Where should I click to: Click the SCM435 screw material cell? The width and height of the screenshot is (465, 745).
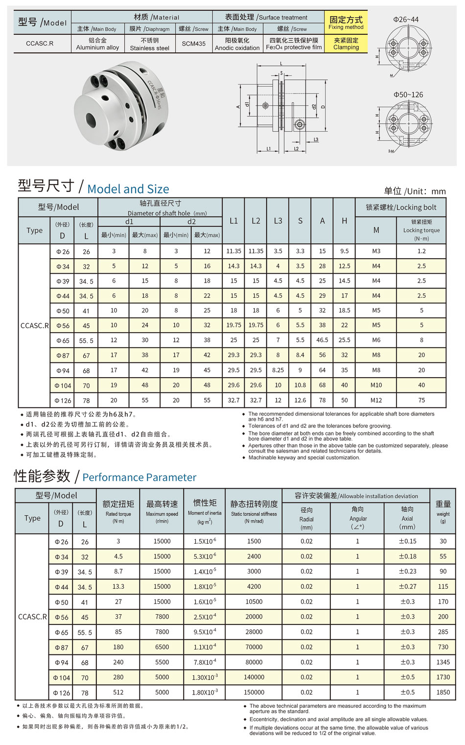click(x=193, y=44)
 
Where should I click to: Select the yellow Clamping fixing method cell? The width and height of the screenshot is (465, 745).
click(x=346, y=44)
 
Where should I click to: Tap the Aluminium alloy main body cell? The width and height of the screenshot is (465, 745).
click(x=97, y=44)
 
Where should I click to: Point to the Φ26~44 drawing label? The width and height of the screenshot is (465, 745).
click(x=406, y=20)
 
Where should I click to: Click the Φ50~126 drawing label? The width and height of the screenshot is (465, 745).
click(x=408, y=95)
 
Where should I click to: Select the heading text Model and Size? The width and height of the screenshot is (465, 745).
click(x=128, y=189)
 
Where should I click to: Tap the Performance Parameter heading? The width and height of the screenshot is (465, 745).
click(x=139, y=477)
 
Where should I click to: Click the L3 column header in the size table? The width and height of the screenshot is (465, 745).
click(x=278, y=221)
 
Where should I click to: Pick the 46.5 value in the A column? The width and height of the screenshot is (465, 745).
click(x=322, y=340)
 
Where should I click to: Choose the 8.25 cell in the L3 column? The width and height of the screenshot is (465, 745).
click(x=278, y=370)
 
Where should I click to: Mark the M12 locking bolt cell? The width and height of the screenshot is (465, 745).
click(x=376, y=400)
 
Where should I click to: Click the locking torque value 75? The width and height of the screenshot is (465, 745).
click(x=421, y=400)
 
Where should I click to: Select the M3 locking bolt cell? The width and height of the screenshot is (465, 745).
click(x=376, y=251)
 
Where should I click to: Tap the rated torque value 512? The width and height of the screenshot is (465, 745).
click(x=118, y=692)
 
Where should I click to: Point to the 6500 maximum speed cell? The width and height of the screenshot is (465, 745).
click(x=162, y=647)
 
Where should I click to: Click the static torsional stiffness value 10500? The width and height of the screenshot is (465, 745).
click(x=254, y=601)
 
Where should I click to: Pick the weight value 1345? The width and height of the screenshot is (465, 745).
click(x=443, y=662)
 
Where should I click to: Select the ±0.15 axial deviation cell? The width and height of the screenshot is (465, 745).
click(x=407, y=541)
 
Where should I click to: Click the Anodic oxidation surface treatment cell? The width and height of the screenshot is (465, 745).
click(x=237, y=44)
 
